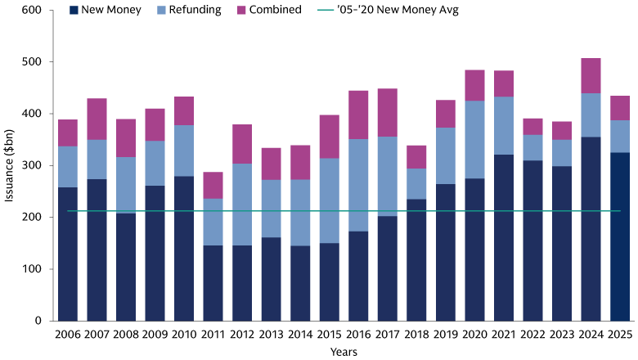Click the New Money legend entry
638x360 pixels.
coord(107,10)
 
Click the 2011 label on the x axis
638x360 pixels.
coord(213,334)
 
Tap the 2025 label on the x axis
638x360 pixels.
coord(619,334)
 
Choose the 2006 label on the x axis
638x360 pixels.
coord(68,334)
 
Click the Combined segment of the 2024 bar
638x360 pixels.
coord(591,75)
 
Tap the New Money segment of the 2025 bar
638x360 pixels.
coord(619,236)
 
